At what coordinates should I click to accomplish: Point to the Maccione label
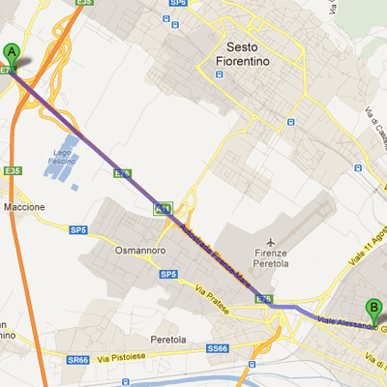(x=24, y=207)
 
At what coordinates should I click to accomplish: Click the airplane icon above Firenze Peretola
(x=273, y=238)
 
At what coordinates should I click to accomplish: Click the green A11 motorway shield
(x=163, y=208)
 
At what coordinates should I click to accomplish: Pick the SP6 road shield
(x=177, y=3)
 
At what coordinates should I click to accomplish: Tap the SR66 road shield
(x=78, y=359)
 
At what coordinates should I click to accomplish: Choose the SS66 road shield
(x=218, y=348)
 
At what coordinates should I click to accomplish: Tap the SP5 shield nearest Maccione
(x=77, y=229)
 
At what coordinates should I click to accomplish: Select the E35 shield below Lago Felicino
(x=13, y=171)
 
